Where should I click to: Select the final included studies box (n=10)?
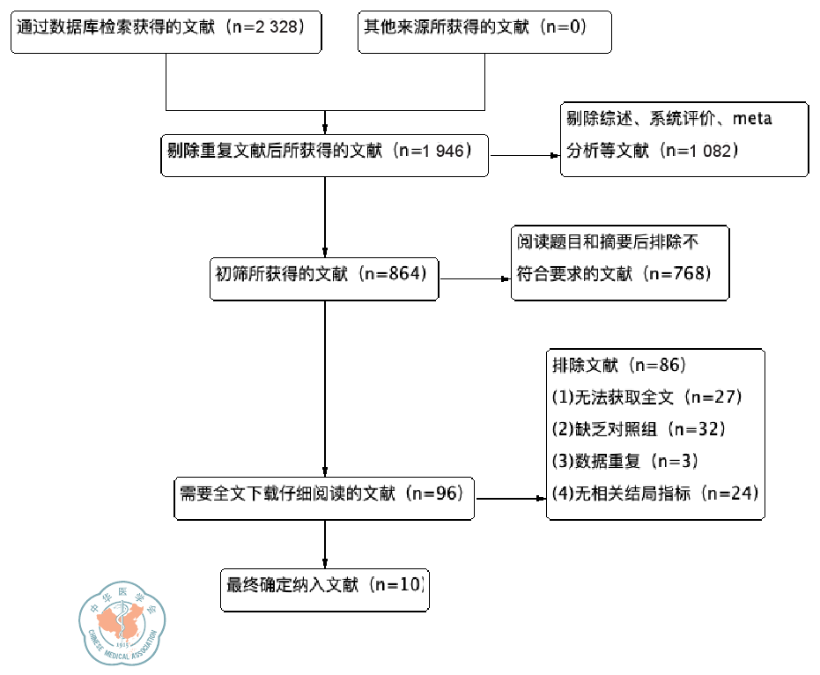324,587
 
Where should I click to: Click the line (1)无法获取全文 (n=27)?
647,397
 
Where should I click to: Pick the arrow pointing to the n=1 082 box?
525,157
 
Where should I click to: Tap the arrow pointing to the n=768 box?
476,278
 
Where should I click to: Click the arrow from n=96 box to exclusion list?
511,498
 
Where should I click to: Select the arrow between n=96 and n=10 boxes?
325,543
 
